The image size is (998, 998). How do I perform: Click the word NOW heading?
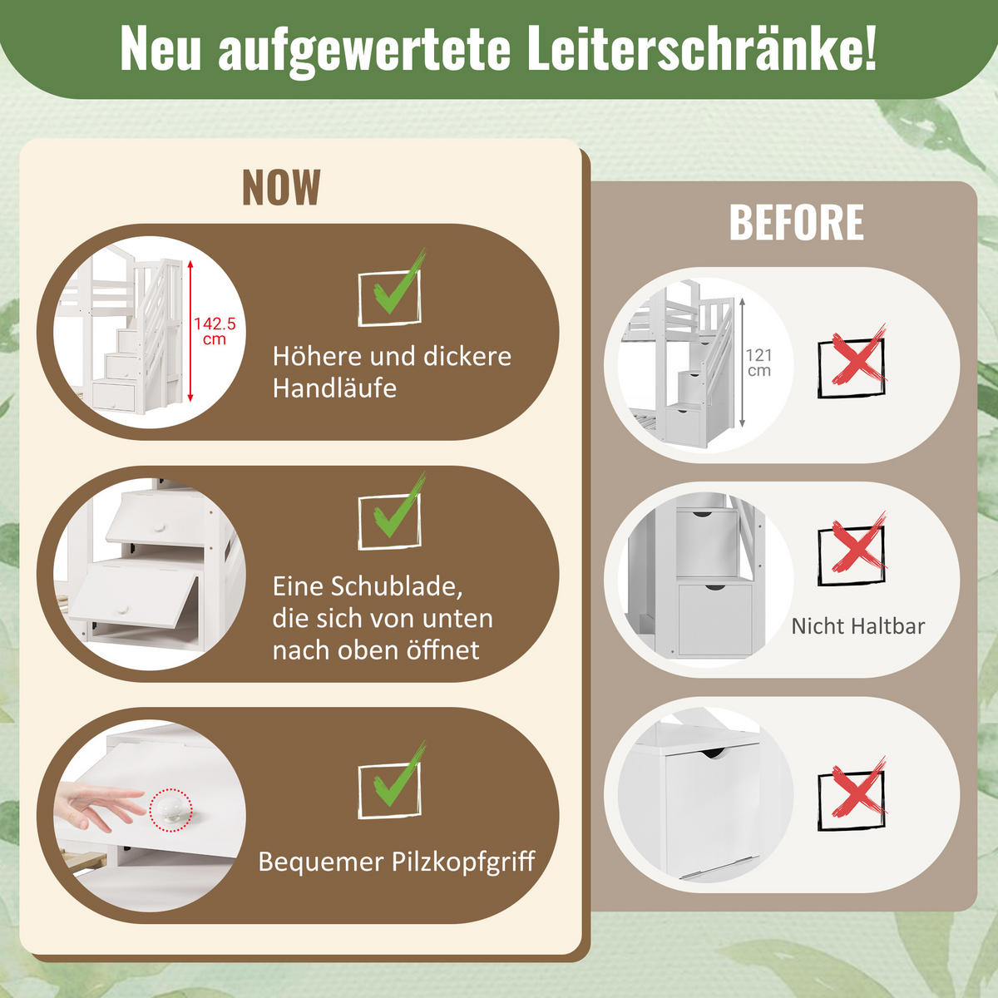coord(281,188)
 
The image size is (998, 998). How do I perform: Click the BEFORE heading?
coord(796,223)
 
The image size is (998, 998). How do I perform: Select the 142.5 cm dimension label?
coord(215,331)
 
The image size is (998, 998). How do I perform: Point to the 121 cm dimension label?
coord(758,363)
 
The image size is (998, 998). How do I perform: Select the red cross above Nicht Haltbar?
coord(852,548)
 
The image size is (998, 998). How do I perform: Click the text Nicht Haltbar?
coord(857,626)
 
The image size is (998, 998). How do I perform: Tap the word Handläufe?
coord(334,388)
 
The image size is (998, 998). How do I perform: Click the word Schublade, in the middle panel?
coord(398,586)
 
